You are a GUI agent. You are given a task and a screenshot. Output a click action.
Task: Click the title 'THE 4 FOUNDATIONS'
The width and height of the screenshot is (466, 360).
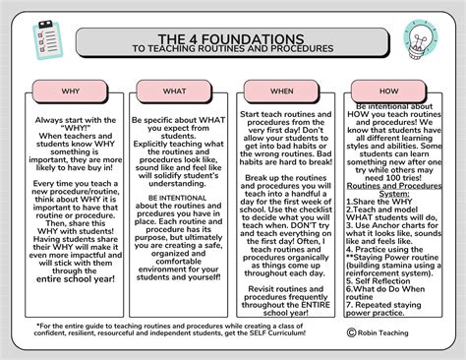point(232,30)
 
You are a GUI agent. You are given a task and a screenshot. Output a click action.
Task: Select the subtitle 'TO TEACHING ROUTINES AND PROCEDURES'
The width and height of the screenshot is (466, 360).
point(232,46)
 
